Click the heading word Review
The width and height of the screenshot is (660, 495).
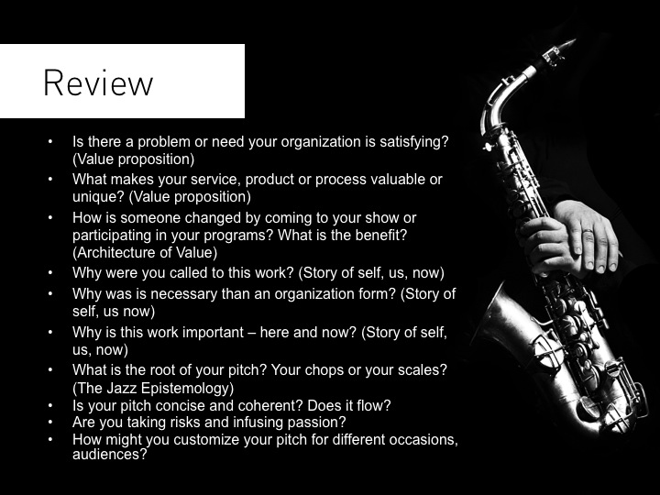(x=98, y=82)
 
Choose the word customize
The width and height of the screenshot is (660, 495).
(x=206, y=439)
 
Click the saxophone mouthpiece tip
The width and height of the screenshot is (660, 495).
(x=573, y=41)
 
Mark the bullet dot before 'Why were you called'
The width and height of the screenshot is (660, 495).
(x=50, y=273)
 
